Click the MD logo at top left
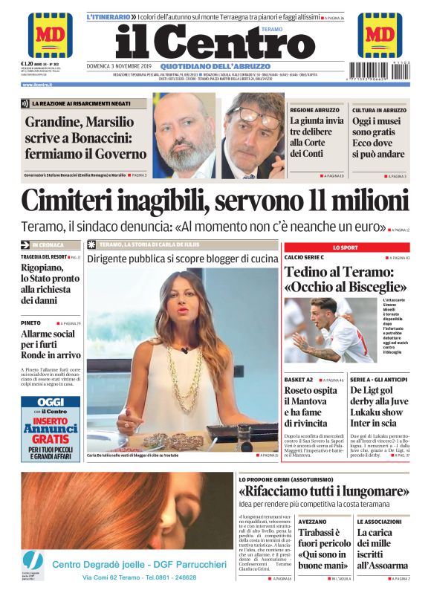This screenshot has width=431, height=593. click(x=50, y=35)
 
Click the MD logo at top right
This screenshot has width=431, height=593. click(x=380, y=34)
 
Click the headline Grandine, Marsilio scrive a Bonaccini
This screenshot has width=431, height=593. click(x=85, y=137)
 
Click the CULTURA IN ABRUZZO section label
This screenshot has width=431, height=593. click(x=379, y=109)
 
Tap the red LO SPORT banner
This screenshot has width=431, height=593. click(x=345, y=247)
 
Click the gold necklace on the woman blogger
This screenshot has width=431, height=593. click(x=173, y=379)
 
